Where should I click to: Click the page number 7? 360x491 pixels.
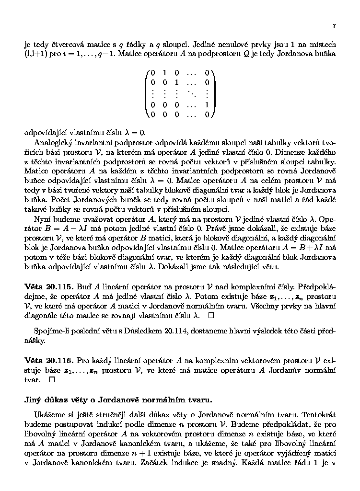[x=334, y=26]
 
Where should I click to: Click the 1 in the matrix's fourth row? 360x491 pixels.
[x=207, y=104]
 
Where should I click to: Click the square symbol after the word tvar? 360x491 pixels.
[x=51, y=379]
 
